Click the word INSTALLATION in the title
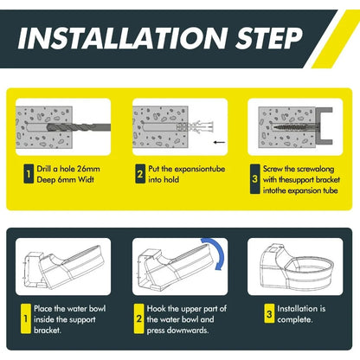pyautogui.click(x=122, y=38)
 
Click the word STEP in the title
pyautogui.click(x=269, y=38)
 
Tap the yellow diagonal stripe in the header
pyautogui.click(x=335, y=39)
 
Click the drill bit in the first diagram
pyautogui.click(x=79, y=127)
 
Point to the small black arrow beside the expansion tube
pyautogui.click(x=220, y=142)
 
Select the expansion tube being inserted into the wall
pyautogui.click(x=196, y=126)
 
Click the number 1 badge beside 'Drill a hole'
pyautogui.click(x=29, y=174)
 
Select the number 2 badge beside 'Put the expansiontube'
pyautogui.click(x=140, y=174)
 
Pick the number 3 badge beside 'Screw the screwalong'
pyautogui.click(x=254, y=179)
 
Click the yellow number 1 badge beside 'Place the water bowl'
pyautogui.click(x=26, y=318)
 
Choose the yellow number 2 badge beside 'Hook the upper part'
pyautogui.click(x=139, y=318)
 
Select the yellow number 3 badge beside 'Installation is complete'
pyautogui.click(x=269, y=313)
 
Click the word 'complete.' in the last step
pyautogui.click(x=295, y=319)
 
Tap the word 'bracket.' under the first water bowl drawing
pyautogui.click(x=48, y=330)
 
